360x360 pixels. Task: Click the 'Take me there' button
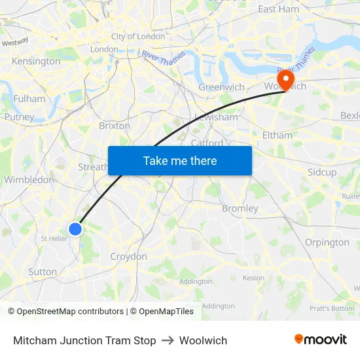click(x=180, y=160)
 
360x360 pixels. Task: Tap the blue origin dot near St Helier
click(x=75, y=228)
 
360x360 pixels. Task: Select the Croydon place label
click(x=128, y=257)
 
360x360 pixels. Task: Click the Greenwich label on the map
click(x=221, y=87)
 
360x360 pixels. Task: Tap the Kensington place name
click(x=36, y=62)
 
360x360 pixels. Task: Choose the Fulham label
click(x=29, y=99)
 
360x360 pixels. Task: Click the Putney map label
click(x=19, y=117)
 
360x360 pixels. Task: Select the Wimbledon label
click(x=29, y=179)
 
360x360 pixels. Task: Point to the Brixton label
click(x=115, y=126)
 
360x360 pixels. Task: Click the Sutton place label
click(x=43, y=272)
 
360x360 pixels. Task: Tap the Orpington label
click(x=327, y=242)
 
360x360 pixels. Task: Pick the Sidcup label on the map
click(x=321, y=172)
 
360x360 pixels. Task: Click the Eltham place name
click(x=277, y=135)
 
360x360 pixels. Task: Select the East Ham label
click(x=278, y=9)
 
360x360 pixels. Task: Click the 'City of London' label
click(x=137, y=37)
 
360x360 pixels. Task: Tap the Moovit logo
click(x=321, y=340)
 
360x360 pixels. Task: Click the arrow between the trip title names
click(x=168, y=340)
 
